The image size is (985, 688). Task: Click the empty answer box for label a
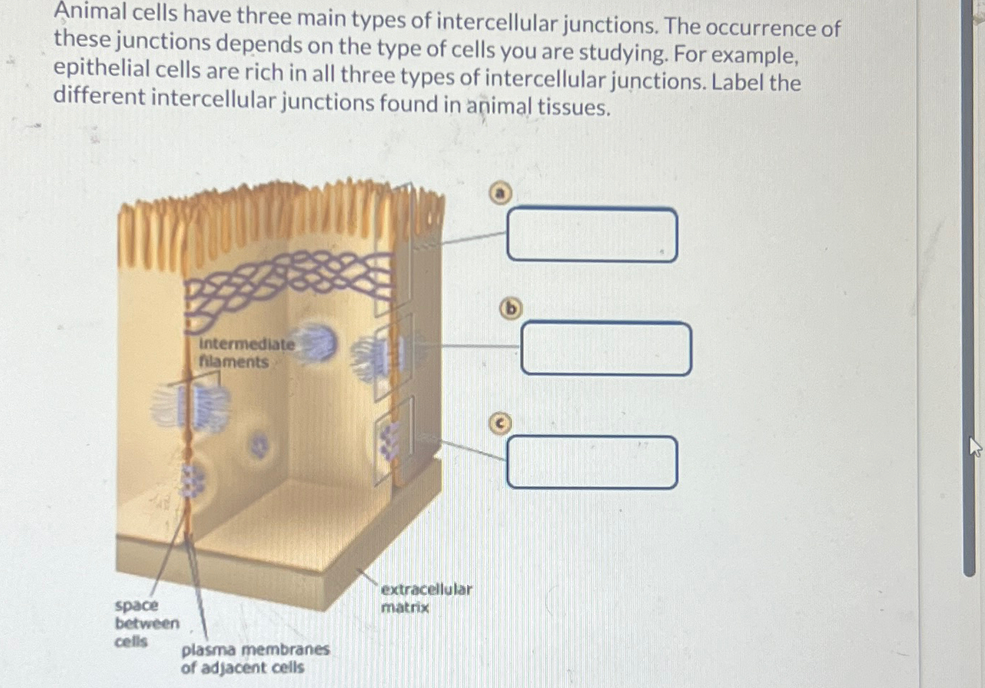(x=592, y=235)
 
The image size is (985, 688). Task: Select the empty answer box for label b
(x=606, y=348)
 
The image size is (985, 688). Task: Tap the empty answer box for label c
(x=592, y=463)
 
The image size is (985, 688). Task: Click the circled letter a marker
(x=501, y=193)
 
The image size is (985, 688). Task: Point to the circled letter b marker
(x=510, y=308)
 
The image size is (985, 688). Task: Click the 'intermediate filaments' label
(x=246, y=353)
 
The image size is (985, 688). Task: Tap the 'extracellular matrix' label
(x=426, y=599)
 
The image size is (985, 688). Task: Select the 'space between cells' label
(x=146, y=623)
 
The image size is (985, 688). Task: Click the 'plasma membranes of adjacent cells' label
(x=254, y=659)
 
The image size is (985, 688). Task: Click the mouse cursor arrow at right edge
(x=974, y=448)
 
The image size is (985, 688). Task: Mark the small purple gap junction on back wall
(x=260, y=446)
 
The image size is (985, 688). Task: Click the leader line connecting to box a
(x=472, y=237)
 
